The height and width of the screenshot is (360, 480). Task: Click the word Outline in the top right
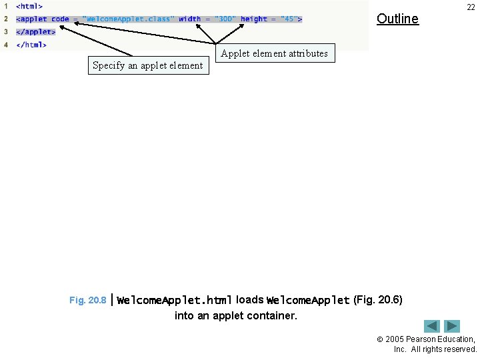(397, 19)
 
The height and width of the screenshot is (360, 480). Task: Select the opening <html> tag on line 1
(29, 6)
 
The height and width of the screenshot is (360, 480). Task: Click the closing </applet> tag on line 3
(35, 32)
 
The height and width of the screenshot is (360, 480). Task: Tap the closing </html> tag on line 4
(31, 45)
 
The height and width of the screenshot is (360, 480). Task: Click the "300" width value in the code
(225, 19)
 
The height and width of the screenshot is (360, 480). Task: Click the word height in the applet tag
(254, 19)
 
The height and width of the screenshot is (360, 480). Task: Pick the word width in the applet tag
(189, 19)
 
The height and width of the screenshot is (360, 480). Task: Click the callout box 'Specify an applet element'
(148, 65)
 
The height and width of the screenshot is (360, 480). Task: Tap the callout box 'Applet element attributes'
(274, 53)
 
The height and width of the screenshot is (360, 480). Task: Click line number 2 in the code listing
(6, 19)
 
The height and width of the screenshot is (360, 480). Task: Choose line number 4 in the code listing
(6, 45)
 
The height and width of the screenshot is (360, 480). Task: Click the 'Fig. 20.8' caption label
(87, 301)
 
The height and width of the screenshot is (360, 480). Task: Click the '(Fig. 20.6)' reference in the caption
(377, 300)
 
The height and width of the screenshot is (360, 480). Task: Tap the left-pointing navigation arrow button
(432, 326)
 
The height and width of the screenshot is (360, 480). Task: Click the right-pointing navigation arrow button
(453, 326)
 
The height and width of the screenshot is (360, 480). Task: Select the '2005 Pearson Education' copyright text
(430, 339)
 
